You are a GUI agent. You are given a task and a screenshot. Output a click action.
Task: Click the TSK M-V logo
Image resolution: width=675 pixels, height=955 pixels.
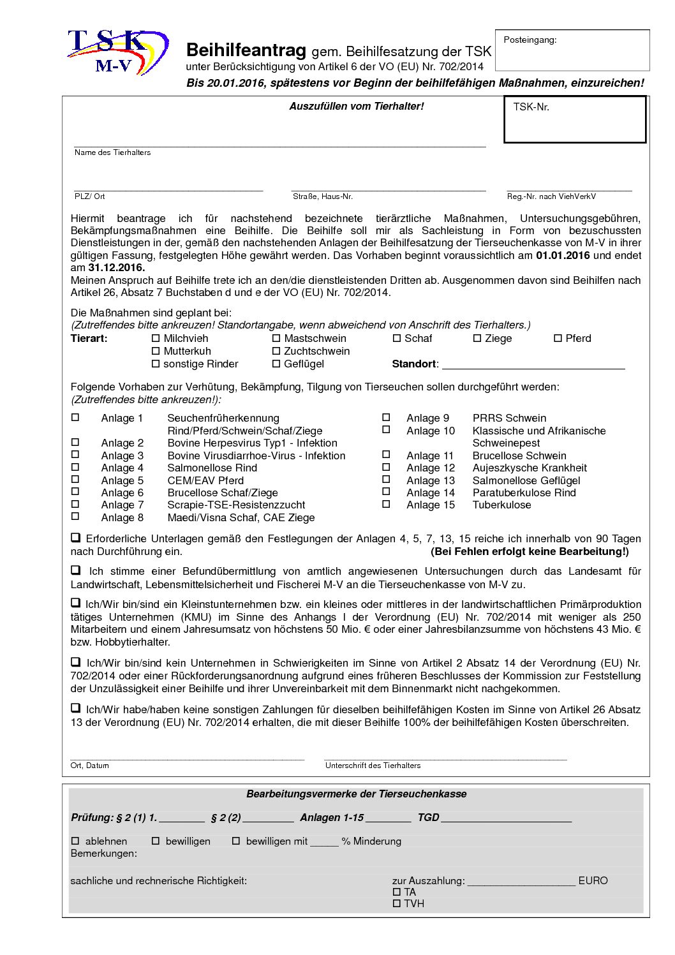click(117, 52)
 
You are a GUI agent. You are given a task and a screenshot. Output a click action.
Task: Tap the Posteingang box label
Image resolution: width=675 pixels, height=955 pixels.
click(530, 40)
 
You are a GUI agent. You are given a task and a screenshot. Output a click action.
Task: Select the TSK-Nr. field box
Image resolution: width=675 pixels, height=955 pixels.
click(574, 119)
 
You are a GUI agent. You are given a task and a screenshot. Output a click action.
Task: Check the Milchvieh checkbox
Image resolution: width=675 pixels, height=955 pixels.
click(156, 338)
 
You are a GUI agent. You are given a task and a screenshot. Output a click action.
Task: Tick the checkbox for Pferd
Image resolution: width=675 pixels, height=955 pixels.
click(558, 338)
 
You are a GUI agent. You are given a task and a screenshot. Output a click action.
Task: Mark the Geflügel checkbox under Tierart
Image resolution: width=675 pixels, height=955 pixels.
click(276, 364)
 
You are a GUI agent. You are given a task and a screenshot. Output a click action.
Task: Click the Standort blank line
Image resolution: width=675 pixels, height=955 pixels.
click(533, 364)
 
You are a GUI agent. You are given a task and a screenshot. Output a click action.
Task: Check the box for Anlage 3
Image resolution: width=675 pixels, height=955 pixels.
click(75, 455)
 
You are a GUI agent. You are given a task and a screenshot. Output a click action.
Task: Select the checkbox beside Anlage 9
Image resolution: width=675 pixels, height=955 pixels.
click(386, 417)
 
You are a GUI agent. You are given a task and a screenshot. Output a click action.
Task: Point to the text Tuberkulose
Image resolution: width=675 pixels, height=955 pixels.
click(501, 505)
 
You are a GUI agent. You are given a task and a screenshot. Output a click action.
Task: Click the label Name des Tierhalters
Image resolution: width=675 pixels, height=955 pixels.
click(112, 152)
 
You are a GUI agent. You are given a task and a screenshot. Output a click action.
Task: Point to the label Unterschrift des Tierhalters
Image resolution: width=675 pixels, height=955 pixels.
click(373, 766)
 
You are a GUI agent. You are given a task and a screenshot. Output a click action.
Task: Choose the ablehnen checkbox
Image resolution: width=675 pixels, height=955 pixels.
click(75, 841)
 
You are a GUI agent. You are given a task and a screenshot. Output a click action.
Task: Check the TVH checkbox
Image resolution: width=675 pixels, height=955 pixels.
click(397, 903)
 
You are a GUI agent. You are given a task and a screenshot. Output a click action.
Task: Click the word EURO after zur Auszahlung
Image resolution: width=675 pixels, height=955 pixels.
click(593, 880)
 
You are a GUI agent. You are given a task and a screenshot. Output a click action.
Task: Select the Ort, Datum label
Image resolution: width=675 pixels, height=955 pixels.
click(89, 766)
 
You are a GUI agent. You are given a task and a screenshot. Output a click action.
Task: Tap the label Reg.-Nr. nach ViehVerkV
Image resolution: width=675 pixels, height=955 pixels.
click(551, 196)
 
